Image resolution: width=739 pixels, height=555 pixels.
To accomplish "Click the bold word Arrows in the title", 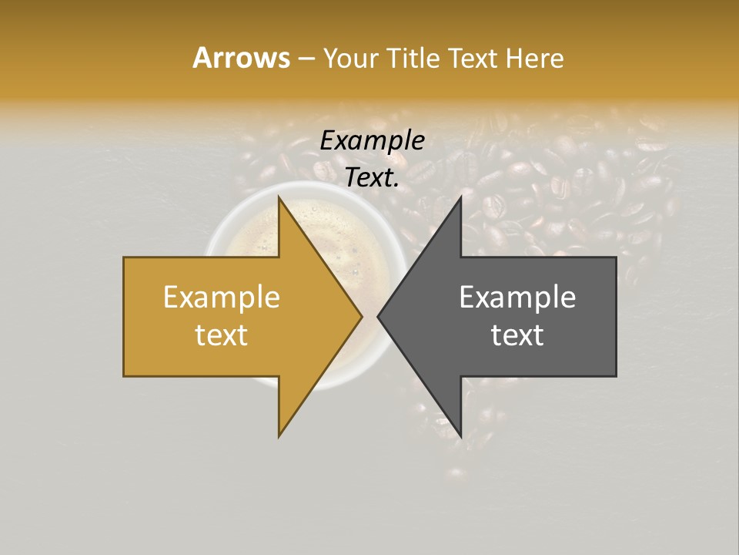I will (241, 58).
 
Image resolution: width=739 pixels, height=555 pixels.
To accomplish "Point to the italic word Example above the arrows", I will (373, 141).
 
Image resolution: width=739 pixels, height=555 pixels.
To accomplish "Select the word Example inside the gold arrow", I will (222, 298).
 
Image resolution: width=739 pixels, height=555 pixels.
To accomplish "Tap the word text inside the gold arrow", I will (222, 335).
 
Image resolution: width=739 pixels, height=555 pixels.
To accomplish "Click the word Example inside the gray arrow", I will (517, 298).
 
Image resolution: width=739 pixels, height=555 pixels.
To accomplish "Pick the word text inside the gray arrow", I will (517, 335).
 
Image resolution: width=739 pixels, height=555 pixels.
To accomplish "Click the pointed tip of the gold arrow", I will (362, 316).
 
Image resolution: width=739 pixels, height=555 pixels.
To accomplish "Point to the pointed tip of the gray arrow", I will (378, 316).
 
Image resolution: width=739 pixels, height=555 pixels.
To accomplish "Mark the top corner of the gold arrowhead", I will (279, 197).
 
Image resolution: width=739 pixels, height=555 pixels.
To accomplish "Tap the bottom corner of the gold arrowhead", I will (279, 436).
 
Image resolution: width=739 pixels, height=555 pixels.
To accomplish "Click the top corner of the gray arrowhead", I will (460, 197).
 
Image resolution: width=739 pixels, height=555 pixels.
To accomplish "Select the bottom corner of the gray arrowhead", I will (460, 436).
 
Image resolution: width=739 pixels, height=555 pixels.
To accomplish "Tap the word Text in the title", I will (474, 58).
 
